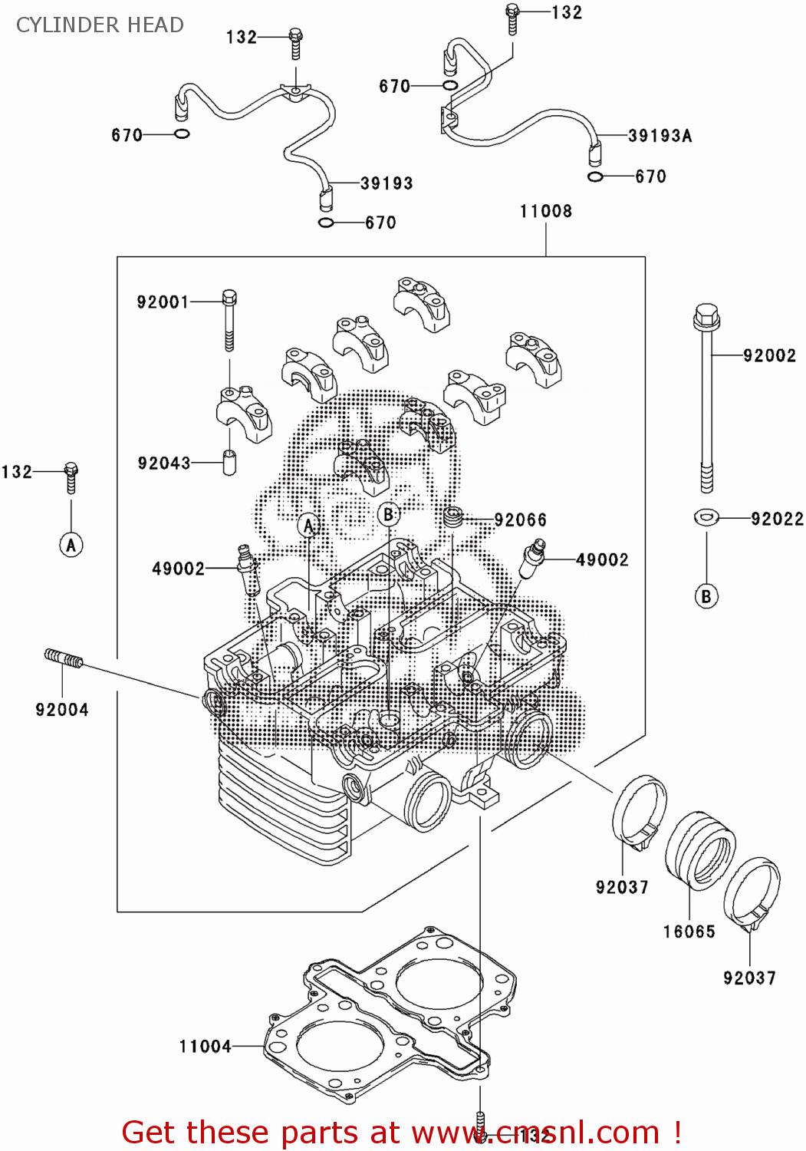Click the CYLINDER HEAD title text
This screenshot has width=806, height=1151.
pos(100,25)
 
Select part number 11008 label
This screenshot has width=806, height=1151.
pos(545,211)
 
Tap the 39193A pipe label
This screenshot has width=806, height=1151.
pos(660,136)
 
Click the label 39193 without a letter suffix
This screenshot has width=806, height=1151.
pos(387,183)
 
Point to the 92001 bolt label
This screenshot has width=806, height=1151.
pos(163,302)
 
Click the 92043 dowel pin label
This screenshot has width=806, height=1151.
pos(164,463)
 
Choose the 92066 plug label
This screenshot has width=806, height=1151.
pos(521,520)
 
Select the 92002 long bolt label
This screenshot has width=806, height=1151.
pos(769,355)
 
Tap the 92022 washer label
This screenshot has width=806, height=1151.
pos(777,519)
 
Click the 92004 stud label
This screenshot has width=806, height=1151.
pos(62,710)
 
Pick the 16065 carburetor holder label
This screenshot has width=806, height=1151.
pos(689,932)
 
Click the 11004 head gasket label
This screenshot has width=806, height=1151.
pos(205,1046)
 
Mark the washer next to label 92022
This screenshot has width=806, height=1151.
pos(706,517)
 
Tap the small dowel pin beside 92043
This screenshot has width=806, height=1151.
pos(229,463)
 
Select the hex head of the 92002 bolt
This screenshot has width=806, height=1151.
pos(706,318)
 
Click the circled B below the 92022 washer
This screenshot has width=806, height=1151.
pos(706,596)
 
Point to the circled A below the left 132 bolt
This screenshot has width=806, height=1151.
pos(71,545)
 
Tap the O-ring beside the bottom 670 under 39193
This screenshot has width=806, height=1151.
pos(326,223)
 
